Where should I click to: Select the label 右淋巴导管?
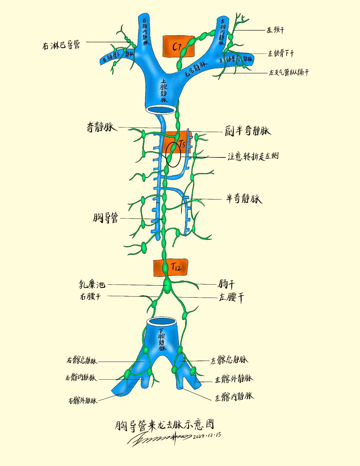61,45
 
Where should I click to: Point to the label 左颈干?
275,30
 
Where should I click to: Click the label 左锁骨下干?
281,53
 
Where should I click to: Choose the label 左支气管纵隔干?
289,72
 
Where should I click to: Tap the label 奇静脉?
101,127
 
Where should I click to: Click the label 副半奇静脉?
247,131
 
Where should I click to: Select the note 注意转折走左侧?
253,156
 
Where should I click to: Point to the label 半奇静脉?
244,199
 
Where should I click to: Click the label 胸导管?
105,218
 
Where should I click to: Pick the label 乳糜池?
92,285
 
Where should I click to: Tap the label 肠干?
227,284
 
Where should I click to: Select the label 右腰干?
90,296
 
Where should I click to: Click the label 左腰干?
231,297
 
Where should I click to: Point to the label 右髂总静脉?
82,361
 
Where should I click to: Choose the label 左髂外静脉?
234,379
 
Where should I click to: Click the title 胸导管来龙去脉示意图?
164,425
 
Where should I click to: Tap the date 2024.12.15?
207,436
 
